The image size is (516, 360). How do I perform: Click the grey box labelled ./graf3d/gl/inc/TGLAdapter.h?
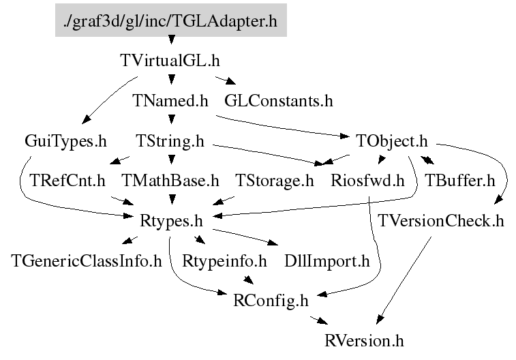170,20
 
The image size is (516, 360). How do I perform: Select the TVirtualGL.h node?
170,60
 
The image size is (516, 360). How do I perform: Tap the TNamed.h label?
170,102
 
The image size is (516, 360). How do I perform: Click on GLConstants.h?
279,102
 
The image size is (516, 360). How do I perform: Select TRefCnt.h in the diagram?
67,181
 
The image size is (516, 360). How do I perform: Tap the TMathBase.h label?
170,181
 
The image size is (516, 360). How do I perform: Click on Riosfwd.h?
367,181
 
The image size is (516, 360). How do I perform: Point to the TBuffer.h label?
459,181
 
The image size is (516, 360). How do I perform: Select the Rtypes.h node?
170,221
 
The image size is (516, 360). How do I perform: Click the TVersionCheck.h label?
441,221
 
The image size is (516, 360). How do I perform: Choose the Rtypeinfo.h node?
224,260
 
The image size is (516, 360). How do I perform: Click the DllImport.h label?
327,260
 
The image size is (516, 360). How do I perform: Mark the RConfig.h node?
271,300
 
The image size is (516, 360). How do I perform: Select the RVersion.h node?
368,340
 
